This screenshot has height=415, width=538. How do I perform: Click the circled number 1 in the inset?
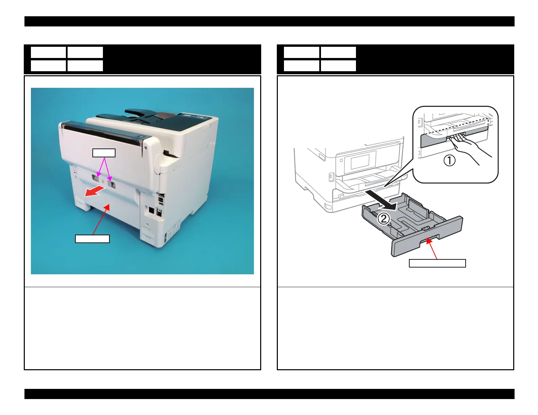click(x=449, y=160)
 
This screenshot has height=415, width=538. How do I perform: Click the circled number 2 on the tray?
click(x=384, y=219)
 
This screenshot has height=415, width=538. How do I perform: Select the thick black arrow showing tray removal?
click(x=382, y=200)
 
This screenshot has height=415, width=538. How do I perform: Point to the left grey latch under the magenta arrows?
click(x=95, y=178)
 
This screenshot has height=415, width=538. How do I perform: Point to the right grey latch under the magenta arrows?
click(x=111, y=183)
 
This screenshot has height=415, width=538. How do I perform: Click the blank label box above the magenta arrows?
click(x=104, y=153)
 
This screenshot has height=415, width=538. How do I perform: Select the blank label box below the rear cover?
click(x=92, y=239)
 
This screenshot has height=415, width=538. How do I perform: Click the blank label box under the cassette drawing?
click(x=437, y=263)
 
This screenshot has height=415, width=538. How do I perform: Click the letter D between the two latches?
click(x=103, y=181)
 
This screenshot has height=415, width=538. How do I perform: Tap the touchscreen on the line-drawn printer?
click(x=360, y=162)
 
